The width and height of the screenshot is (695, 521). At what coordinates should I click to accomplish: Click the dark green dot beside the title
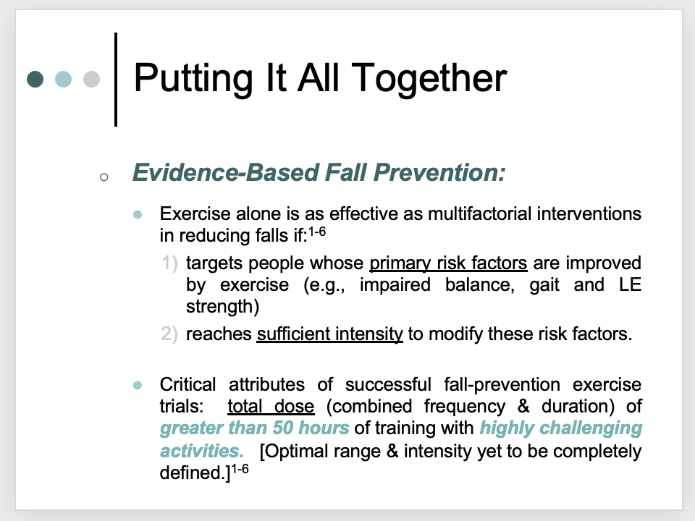(35, 80)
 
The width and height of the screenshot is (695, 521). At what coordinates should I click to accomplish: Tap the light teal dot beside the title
(64, 80)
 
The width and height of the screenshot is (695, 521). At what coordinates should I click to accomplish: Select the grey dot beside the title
(92, 80)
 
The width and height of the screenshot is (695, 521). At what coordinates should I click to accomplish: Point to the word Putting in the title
(193, 78)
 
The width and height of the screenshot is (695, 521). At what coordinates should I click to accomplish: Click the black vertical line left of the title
(116, 80)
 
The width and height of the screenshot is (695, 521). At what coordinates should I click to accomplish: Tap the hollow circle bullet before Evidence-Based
(104, 178)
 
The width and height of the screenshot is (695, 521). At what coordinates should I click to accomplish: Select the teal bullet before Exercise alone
(138, 215)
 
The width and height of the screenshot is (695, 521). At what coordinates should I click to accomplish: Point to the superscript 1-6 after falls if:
(317, 232)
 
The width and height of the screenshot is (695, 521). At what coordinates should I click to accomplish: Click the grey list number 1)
(169, 263)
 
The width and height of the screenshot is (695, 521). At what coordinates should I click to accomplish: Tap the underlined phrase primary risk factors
(449, 263)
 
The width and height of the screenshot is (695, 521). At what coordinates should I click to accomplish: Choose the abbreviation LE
(630, 284)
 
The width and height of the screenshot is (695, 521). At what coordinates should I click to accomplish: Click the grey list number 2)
(169, 334)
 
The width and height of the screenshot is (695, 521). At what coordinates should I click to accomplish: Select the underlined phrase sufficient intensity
(330, 334)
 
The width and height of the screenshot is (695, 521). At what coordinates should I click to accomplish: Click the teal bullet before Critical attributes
(138, 386)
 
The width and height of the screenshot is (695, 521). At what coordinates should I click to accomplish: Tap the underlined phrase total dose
(271, 406)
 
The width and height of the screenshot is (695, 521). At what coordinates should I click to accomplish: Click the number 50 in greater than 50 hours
(283, 428)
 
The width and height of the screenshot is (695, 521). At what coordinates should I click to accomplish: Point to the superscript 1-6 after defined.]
(240, 469)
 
